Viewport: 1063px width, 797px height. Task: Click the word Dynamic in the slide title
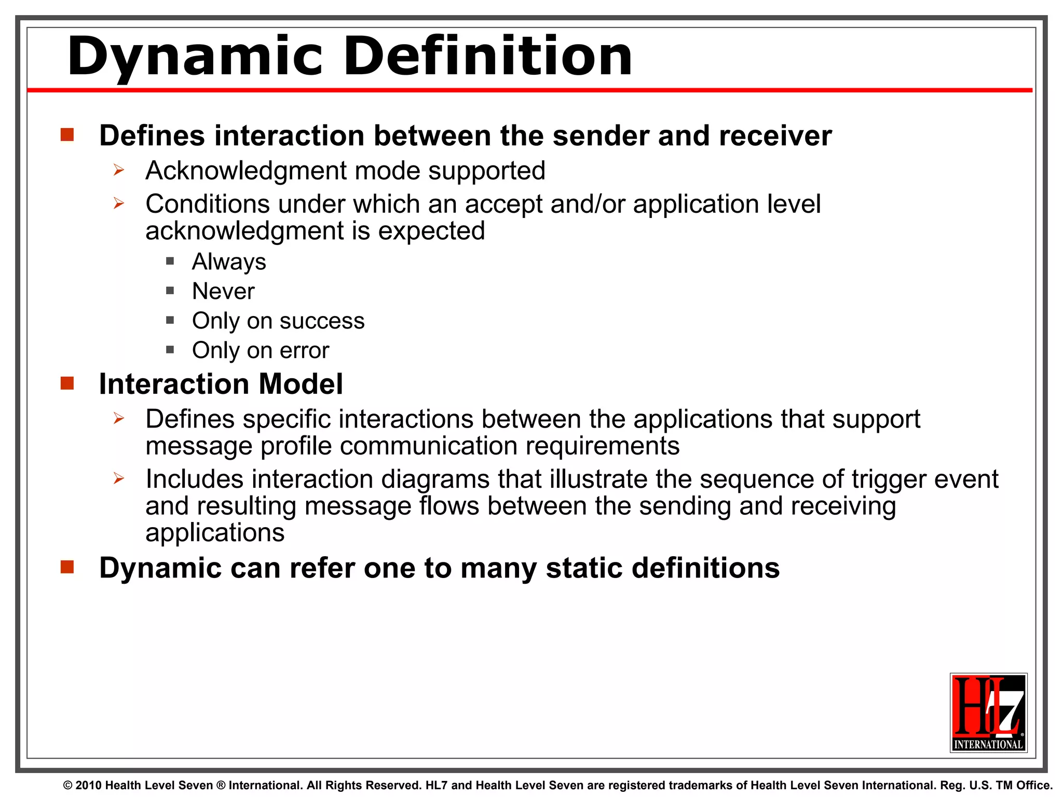click(x=195, y=56)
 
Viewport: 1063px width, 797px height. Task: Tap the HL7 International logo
click(x=988, y=712)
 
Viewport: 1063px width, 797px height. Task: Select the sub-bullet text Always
click(x=229, y=262)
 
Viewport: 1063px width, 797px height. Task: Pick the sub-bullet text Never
click(x=223, y=291)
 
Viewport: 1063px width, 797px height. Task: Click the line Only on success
click(x=278, y=321)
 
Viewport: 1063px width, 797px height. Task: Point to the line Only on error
click(x=261, y=350)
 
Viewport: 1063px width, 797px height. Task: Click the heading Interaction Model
click(x=221, y=384)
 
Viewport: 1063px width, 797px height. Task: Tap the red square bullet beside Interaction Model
click(x=67, y=383)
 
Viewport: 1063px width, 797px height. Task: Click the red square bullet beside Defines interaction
click(x=67, y=135)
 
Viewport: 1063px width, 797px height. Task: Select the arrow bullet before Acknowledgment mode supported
click(x=119, y=170)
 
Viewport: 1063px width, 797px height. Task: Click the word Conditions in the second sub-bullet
click(x=207, y=204)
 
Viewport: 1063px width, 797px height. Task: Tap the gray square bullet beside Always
click(x=170, y=261)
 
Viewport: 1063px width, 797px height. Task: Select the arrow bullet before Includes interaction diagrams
click(x=119, y=478)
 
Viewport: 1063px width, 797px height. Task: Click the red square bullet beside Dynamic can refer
click(x=67, y=567)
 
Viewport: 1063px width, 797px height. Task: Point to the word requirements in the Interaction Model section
click(x=601, y=446)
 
